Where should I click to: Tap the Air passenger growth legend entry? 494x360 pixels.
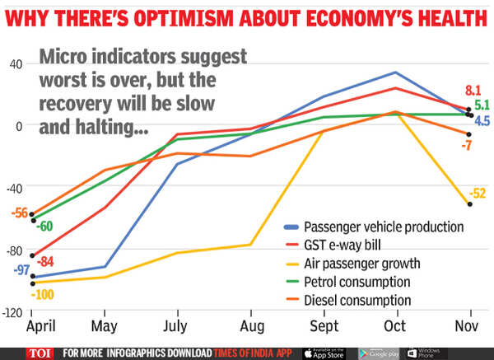(x=362, y=264)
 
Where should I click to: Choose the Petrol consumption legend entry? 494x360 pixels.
(x=357, y=283)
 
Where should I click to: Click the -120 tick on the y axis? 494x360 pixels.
(x=12, y=313)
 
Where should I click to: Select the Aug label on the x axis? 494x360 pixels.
(x=251, y=327)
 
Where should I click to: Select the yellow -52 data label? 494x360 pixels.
(x=478, y=194)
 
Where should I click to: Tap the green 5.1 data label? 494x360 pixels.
(x=482, y=105)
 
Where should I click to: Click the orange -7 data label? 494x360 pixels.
(x=465, y=146)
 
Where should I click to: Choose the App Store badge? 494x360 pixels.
(x=322, y=353)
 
